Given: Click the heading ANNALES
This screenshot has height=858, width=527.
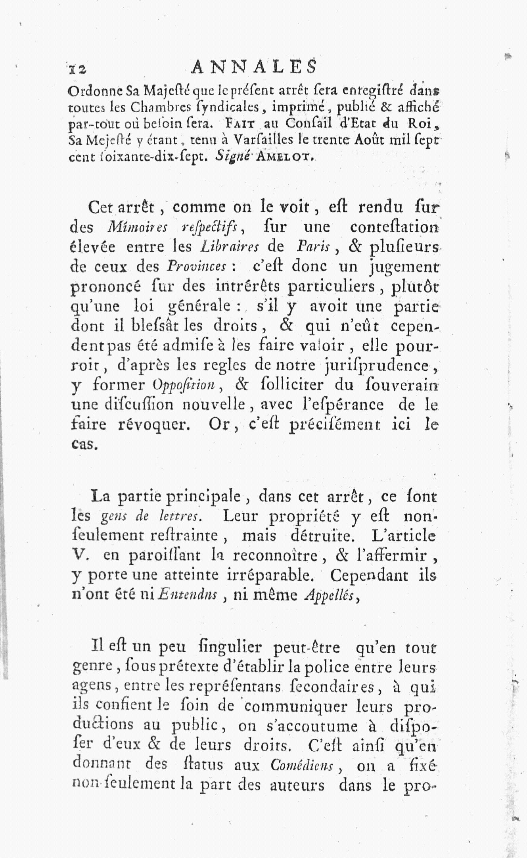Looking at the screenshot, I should tap(254, 66).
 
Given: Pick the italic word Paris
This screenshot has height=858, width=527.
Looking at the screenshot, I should tap(313, 247).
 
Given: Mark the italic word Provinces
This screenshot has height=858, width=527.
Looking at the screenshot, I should tap(197, 267).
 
